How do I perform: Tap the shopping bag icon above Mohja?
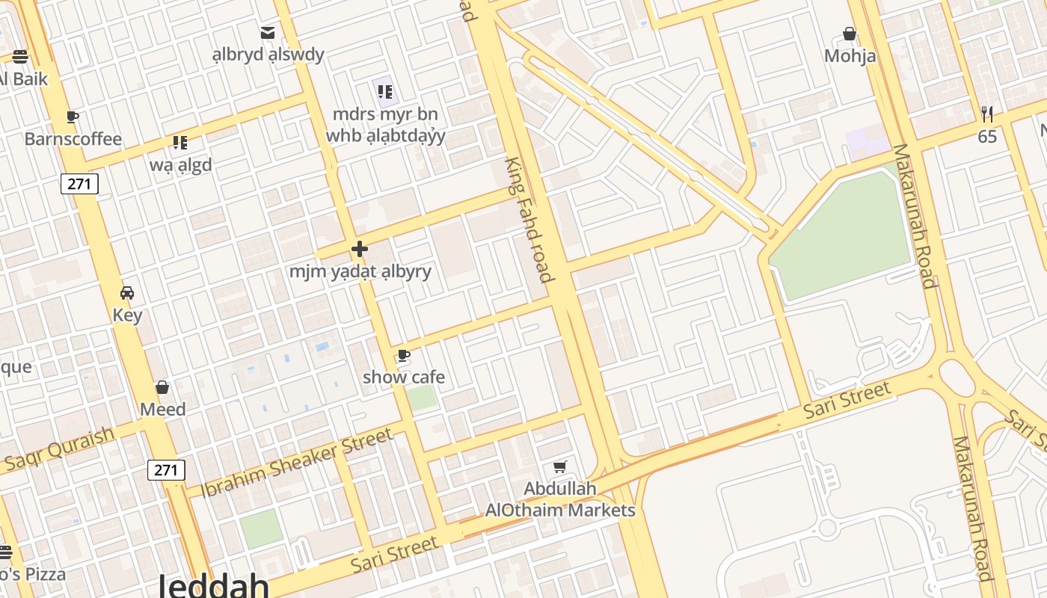pos(850,34)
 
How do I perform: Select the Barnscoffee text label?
pos(73,139)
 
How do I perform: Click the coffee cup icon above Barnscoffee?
pos(72,117)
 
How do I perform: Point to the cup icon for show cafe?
pos(404,355)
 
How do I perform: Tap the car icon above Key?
pos(127,292)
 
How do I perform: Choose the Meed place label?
pos(163,410)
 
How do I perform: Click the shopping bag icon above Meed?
pos(162,387)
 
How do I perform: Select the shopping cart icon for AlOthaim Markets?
pos(560,467)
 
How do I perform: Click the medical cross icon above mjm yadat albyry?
pos(360,249)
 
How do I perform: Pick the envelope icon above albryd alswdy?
pos(268,32)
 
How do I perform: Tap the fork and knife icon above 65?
pos(987,114)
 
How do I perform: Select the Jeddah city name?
pos(213,585)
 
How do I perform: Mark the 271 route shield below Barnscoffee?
pos(80,184)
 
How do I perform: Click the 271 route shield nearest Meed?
pos(166,469)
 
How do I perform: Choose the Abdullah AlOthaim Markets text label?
pos(560,499)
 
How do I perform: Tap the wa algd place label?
pos(180,164)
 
